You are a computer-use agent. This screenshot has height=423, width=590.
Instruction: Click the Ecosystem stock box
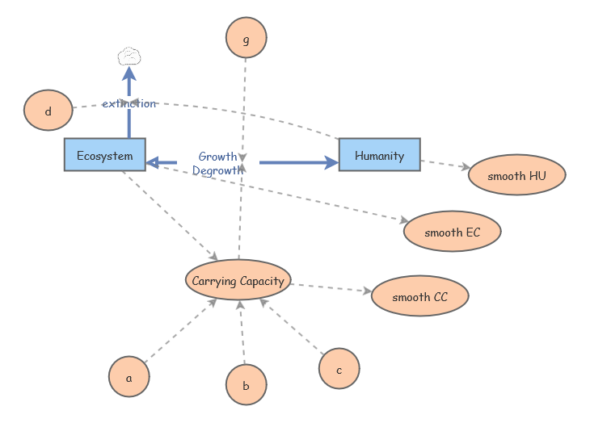(x=104, y=155)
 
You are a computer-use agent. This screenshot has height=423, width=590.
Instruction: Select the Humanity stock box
(x=379, y=155)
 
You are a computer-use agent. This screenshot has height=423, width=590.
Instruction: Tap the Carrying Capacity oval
(x=238, y=281)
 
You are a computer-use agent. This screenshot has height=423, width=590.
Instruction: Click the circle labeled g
(x=246, y=38)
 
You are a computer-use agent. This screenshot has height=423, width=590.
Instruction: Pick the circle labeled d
(x=48, y=111)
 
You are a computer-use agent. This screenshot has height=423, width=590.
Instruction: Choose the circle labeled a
(x=129, y=377)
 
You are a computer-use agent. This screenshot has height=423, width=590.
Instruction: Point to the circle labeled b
(x=246, y=385)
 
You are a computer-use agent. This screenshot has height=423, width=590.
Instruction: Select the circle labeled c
(x=339, y=370)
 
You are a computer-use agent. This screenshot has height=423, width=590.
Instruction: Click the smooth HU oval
(x=516, y=175)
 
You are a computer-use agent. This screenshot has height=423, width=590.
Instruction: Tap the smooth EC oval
(x=452, y=232)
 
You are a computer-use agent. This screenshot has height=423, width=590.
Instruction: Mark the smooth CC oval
(x=419, y=296)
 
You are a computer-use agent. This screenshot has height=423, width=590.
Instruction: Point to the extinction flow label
(x=129, y=103)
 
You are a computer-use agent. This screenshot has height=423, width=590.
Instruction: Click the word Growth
(x=217, y=157)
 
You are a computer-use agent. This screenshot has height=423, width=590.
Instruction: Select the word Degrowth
(x=217, y=170)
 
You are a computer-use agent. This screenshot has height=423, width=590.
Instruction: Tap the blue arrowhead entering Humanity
(x=331, y=163)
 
